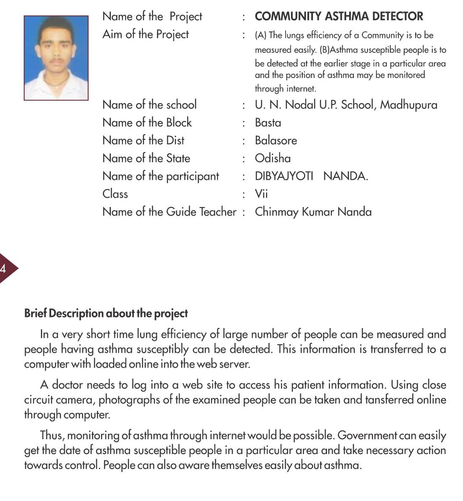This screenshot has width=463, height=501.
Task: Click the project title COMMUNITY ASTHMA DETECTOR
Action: (x=339, y=17)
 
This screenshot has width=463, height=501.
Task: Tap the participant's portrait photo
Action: (x=56, y=58)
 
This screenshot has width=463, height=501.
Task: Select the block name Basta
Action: (x=268, y=123)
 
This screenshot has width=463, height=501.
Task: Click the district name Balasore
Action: (x=276, y=141)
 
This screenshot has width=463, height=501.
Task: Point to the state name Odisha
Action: (x=273, y=158)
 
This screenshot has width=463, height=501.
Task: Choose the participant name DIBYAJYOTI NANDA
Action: (x=311, y=176)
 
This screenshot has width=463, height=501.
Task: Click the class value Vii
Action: (x=261, y=194)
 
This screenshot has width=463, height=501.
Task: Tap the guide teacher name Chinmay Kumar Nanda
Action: (x=313, y=212)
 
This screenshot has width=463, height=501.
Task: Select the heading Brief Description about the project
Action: (x=106, y=314)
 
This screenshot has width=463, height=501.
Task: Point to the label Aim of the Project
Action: (x=145, y=35)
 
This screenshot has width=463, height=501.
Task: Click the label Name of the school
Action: (x=149, y=105)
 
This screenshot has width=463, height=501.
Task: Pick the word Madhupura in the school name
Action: (x=408, y=105)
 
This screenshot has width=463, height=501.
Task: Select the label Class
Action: (x=115, y=194)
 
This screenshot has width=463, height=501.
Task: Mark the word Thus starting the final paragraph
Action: (x=52, y=435)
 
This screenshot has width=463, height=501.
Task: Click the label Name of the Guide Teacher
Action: (x=169, y=212)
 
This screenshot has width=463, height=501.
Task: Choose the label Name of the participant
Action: (x=160, y=176)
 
